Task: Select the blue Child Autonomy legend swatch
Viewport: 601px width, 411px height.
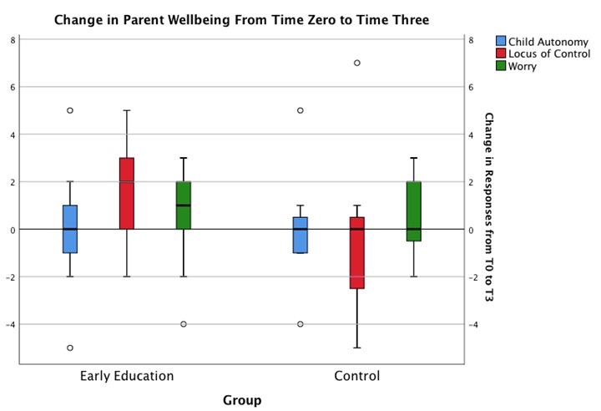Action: (501, 41)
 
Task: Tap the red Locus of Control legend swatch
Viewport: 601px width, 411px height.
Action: (501, 53)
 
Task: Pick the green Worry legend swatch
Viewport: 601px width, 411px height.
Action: (501, 66)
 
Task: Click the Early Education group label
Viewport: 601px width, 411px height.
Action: (127, 375)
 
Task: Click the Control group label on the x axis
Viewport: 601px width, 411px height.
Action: (356, 375)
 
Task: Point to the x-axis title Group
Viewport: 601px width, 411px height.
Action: (242, 400)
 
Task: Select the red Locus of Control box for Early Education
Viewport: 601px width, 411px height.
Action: (127, 193)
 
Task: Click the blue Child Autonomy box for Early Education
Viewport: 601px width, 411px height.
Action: (70, 229)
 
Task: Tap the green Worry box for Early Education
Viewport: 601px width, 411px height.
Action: (184, 205)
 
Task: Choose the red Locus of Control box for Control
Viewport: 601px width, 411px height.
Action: (357, 252)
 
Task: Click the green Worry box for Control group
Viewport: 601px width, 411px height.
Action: (413, 211)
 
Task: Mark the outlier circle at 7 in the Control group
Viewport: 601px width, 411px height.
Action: (357, 63)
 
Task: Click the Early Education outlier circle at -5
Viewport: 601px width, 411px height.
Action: (70, 348)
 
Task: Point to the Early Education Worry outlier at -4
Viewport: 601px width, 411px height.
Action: (184, 324)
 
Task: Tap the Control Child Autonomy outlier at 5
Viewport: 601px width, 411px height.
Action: (300, 110)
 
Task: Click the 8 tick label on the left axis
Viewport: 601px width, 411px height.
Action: (12, 39)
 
